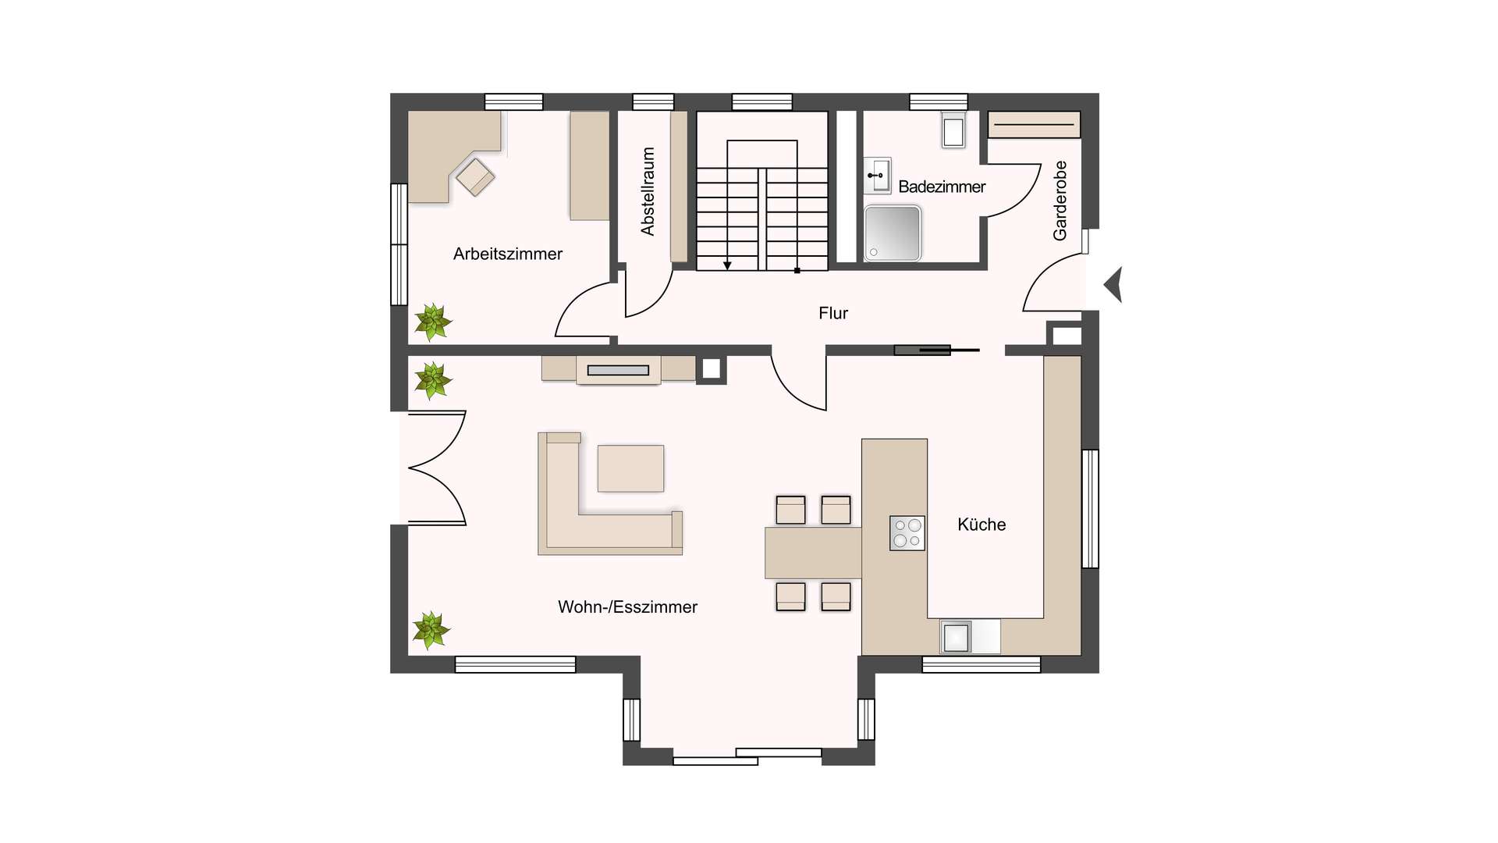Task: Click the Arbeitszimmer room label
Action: [x=507, y=254]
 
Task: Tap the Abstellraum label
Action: [x=648, y=191]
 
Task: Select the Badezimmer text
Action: [x=942, y=187]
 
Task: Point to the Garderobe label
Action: [x=1060, y=201]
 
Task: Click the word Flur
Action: [x=833, y=313]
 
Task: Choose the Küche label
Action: [x=982, y=525]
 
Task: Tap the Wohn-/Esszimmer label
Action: [x=627, y=606]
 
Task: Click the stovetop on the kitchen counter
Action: [x=907, y=533]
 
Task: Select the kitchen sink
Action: [x=957, y=637]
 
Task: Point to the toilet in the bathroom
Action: [x=953, y=130]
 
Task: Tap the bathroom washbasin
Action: [x=878, y=176]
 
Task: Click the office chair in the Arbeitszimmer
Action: [x=475, y=176]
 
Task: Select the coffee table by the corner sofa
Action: [x=630, y=468]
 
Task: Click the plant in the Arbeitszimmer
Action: [x=432, y=322]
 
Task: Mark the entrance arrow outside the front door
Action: [x=1113, y=285]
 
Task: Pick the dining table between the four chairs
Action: [x=813, y=553]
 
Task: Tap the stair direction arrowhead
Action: [x=727, y=266]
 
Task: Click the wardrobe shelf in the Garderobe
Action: [x=1034, y=125]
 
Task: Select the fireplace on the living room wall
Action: [x=619, y=370]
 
